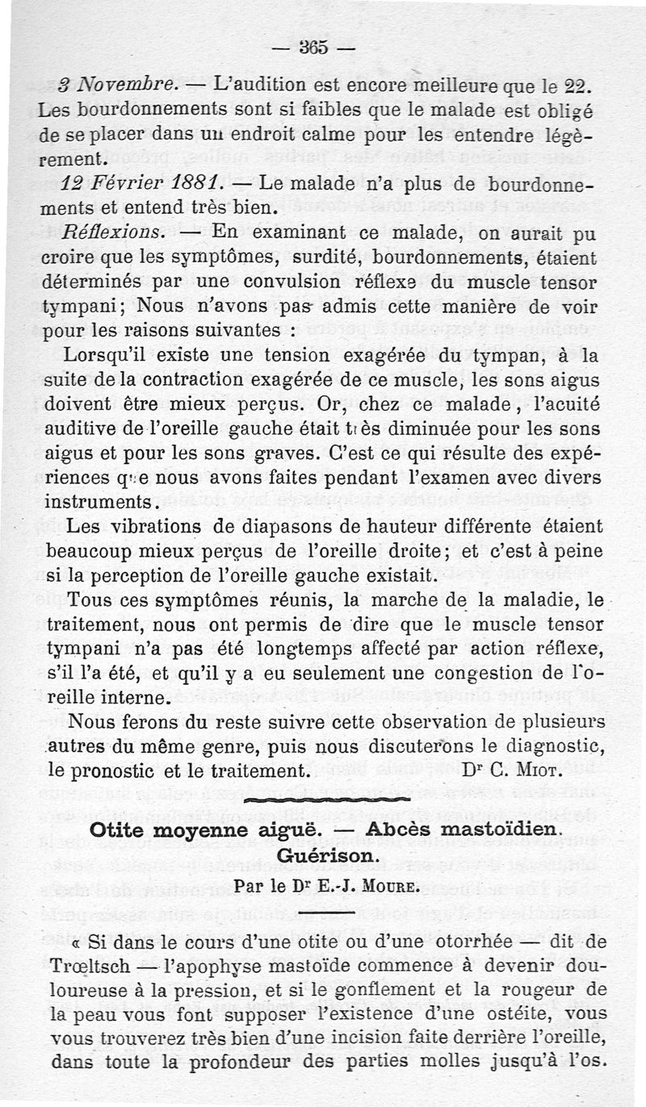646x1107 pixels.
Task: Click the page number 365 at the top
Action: [311, 48]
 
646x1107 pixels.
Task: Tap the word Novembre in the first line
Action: [124, 84]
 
